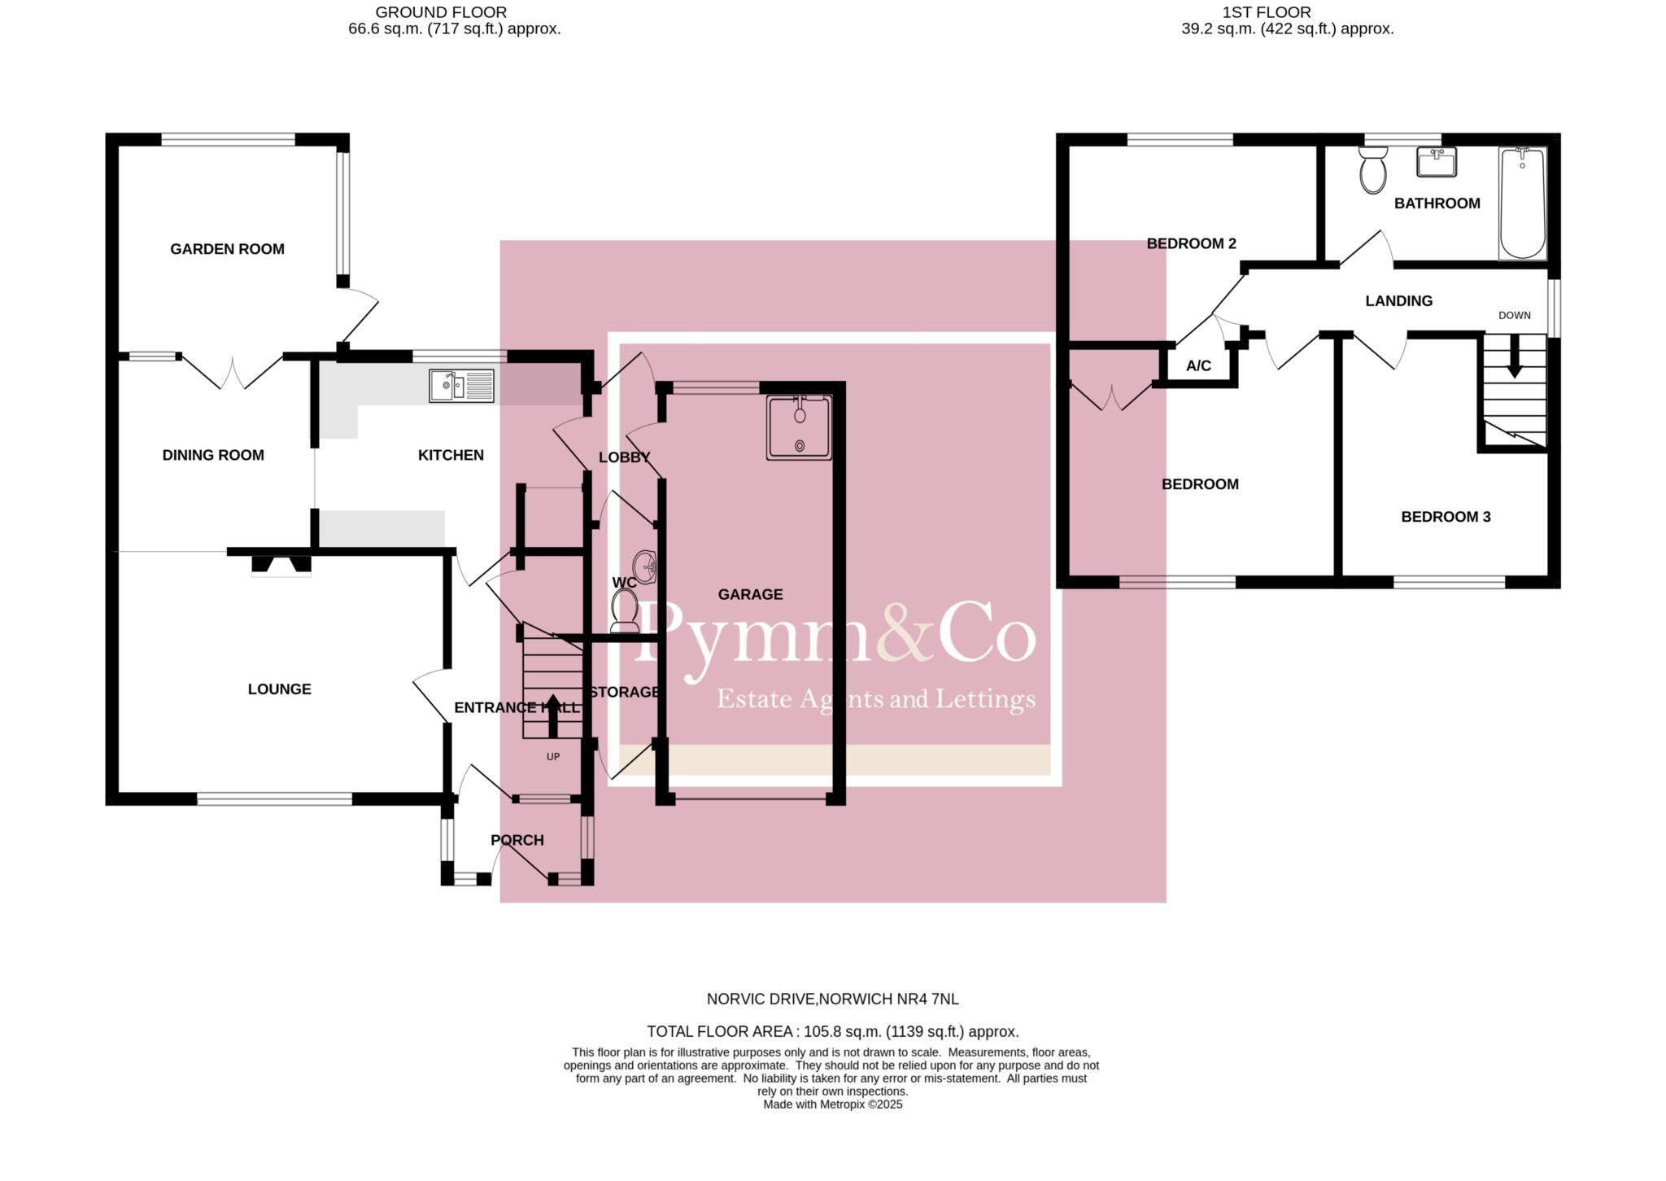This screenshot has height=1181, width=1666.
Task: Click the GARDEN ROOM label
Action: (227, 249)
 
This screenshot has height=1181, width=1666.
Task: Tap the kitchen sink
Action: (460, 386)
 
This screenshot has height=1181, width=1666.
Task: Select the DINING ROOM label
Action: (213, 455)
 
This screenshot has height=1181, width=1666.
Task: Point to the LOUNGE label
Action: (279, 689)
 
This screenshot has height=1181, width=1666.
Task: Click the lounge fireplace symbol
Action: (281, 565)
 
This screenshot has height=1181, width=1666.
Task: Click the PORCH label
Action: (517, 840)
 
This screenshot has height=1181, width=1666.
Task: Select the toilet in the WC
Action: (625, 610)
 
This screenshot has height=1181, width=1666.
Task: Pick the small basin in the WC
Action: (648, 565)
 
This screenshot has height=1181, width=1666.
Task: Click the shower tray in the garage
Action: (799, 428)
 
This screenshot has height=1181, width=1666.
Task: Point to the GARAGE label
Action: (750, 595)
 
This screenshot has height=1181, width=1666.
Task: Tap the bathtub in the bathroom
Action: (1522, 203)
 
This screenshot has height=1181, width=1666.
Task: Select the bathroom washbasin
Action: (1437, 162)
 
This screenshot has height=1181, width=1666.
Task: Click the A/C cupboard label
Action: (1198, 366)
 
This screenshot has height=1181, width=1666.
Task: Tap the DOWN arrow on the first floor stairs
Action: (1514, 359)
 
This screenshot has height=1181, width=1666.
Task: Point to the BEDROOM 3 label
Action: (1446, 517)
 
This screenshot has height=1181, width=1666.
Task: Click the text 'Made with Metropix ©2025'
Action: (832, 1104)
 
